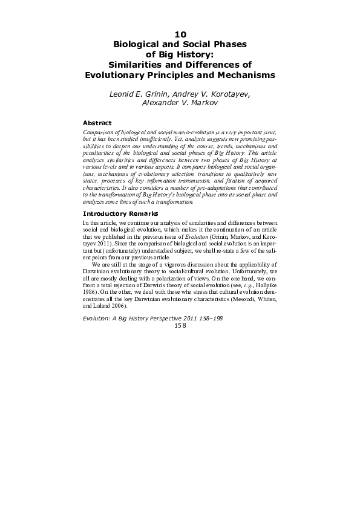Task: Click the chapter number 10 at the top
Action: click(x=180, y=34)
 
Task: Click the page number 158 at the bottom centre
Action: click(x=180, y=325)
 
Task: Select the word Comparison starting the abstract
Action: click(x=99, y=131)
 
